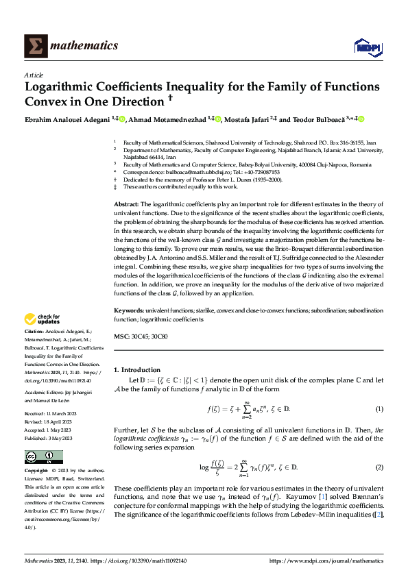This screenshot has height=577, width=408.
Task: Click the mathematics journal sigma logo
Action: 34,45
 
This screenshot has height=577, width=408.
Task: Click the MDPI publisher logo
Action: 365,46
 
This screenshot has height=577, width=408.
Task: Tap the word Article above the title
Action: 34,75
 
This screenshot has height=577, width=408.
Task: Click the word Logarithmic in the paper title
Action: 64,87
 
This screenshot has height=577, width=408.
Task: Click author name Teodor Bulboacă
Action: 320,119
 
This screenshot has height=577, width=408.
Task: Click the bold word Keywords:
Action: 128,310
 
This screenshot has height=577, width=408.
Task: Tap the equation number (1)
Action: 379,409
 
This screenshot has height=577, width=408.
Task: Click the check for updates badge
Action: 43,319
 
